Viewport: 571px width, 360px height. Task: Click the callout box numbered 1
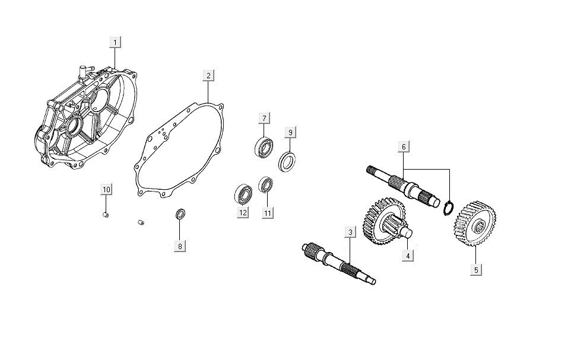click(115, 42)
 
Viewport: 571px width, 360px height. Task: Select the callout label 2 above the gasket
click(208, 76)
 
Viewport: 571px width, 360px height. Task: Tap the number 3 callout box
click(350, 232)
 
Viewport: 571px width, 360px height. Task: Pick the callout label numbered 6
click(404, 146)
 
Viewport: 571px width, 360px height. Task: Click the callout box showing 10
click(106, 190)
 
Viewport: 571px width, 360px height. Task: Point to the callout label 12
click(243, 212)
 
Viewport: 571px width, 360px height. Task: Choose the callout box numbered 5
click(476, 270)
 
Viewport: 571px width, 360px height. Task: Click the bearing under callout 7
click(264, 146)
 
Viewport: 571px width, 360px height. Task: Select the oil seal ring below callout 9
click(287, 162)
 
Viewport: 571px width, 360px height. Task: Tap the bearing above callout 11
click(266, 185)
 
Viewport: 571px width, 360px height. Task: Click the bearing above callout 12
click(243, 193)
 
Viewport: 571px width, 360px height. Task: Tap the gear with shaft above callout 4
click(385, 221)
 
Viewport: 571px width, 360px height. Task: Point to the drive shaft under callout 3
click(339, 263)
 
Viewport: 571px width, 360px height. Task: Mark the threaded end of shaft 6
click(372, 171)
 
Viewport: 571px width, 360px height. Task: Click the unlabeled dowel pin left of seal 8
click(141, 222)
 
